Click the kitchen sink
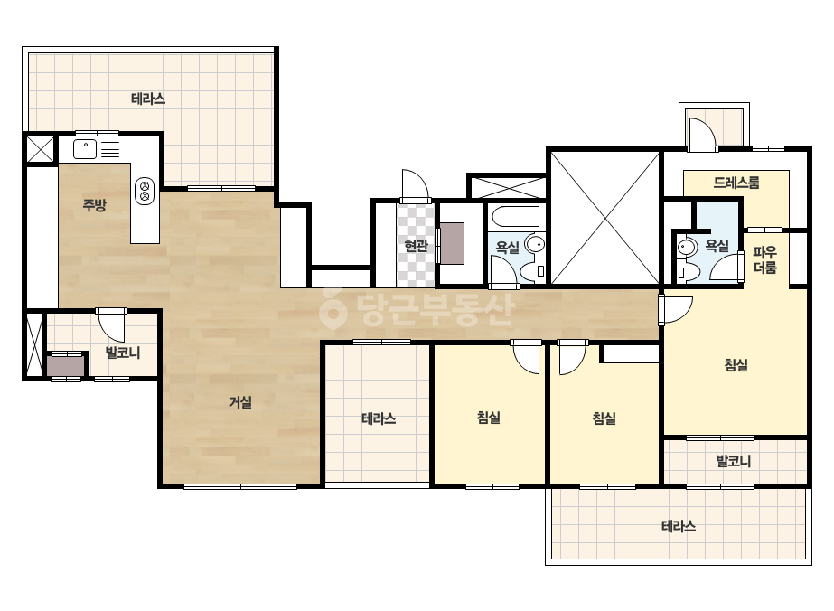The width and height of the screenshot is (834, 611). pos(85,149)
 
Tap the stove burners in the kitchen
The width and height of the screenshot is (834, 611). pos(145,191)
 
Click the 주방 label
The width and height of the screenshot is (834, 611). pos(95,205)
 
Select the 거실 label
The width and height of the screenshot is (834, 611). pos(239,402)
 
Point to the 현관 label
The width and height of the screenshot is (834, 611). pos(416,245)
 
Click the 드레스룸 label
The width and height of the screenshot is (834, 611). pos(736,183)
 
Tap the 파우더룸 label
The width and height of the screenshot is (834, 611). pos(765,259)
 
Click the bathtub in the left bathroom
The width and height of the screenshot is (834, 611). pos(516,217)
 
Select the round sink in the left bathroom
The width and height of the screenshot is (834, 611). pos(535,245)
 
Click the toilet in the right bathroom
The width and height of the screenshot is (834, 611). pos(688,271)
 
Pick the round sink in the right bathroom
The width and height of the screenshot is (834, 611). pos(688,247)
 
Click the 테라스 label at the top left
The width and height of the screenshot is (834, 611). pos(148,99)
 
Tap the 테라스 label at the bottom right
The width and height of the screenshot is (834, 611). pos(679,526)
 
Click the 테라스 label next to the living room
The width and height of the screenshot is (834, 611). pos(379,418)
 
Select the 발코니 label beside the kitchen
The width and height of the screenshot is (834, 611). pos(123,352)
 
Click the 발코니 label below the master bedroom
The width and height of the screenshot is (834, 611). pos(734,461)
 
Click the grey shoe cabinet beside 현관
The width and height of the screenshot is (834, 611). pos(452,244)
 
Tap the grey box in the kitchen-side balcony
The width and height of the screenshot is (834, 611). pos(66,366)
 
